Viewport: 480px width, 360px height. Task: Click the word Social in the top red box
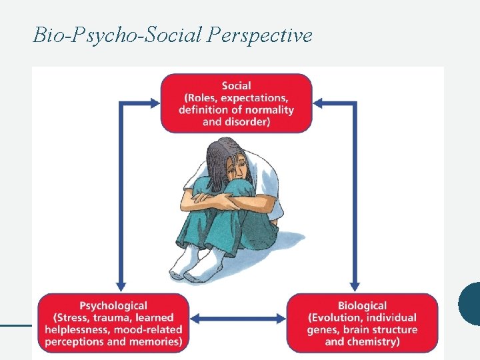tap(237, 85)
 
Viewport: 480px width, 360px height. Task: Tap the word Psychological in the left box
tap(113, 306)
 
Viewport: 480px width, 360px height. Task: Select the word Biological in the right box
tap(362, 306)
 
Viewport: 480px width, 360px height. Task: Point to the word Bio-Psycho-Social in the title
tap(117, 35)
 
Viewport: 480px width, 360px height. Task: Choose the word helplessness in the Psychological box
tap(80, 330)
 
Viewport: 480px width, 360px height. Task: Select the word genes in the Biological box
tap(322, 330)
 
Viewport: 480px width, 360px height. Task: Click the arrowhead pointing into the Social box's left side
tap(155, 103)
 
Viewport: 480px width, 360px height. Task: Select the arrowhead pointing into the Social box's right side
tap(319, 103)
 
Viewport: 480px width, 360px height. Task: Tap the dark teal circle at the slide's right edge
tap(471, 303)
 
